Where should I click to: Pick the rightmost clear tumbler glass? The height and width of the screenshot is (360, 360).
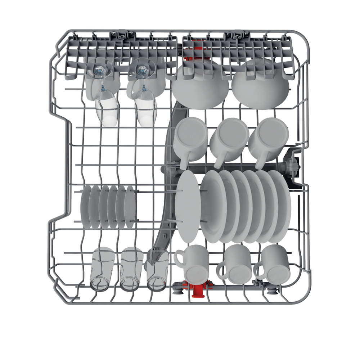point(157,270)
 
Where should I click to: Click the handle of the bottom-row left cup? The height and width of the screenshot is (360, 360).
point(179,258)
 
